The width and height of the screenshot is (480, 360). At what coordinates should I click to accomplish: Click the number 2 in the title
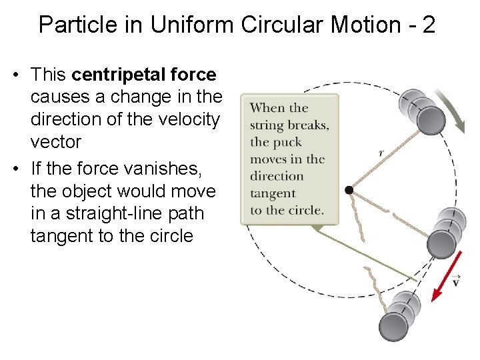click(429, 25)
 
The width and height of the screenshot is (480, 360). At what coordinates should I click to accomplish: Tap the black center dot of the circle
click(349, 190)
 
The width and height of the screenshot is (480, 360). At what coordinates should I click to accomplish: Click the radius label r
click(381, 153)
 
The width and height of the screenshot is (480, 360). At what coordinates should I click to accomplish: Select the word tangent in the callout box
click(273, 193)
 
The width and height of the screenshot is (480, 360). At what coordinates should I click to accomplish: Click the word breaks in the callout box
click(310, 125)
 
